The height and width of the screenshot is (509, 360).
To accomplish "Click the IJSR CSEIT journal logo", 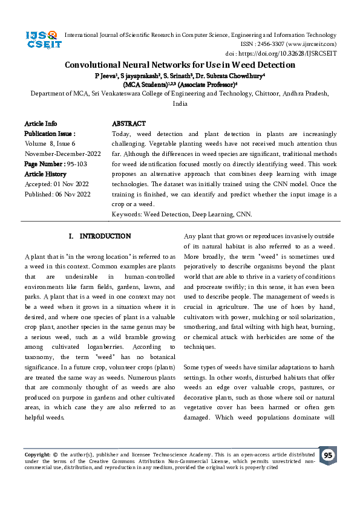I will click(x=42, y=41).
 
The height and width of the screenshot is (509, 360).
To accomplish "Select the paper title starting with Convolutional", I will click(x=180, y=65).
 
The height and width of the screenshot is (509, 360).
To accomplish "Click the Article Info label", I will click(x=41, y=123).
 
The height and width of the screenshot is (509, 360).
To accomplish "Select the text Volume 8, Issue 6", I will click(x=50, y=144).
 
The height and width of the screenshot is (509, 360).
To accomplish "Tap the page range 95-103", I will click(x=79, y=164).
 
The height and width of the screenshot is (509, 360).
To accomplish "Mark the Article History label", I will click(x=46, y=174).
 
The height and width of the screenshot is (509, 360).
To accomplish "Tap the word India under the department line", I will click(x=180, y=104).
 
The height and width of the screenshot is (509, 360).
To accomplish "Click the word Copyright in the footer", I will click(x=36, y=454).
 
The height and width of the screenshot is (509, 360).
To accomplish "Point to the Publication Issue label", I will click(x=50, y=134).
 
